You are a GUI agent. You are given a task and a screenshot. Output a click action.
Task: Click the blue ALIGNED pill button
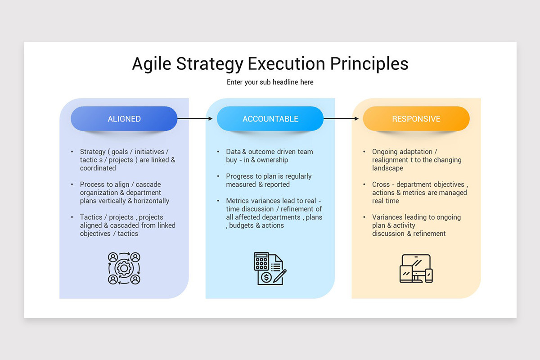click(124, 119)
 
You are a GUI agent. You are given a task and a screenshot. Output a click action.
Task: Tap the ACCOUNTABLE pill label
click(270, 119)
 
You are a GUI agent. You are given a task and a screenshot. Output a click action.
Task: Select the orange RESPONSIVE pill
click(416, 119)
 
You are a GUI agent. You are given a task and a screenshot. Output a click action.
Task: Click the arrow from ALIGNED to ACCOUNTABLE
click(195, 119)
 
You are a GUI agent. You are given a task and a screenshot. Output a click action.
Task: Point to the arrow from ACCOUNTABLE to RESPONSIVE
click(341, 119)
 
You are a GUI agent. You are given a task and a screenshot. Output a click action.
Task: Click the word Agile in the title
click(151, 64)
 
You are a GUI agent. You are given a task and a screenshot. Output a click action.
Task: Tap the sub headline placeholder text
click(270, 82)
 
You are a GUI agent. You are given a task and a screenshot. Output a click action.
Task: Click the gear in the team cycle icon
click(124, 268)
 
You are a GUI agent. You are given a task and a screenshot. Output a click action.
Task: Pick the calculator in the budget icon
click(261, 261)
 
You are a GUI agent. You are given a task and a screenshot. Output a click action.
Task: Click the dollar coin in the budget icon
click(266, 277)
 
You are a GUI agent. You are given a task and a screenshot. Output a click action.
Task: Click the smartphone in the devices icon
click(429, 275)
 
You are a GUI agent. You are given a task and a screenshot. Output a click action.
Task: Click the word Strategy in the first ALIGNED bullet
click(93, 152)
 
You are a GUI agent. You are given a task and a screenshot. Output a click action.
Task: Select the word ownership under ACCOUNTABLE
click(273, 160)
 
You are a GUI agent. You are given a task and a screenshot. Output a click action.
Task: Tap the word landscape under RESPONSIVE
click(387, 168)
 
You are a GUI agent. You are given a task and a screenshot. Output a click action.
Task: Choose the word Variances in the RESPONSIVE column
click(387, 217)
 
